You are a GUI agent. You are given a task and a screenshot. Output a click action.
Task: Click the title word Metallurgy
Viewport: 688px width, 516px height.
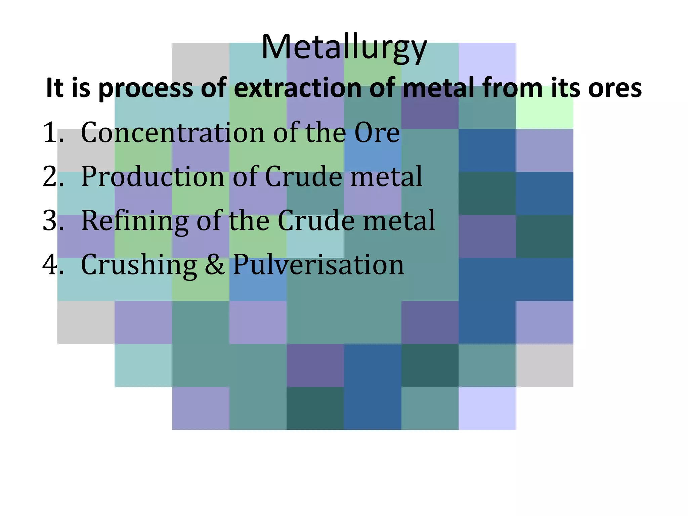pyautogui.click(x=344, y=48)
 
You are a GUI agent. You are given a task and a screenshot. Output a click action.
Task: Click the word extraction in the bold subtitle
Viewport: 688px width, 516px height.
pyautogui.click(x=297, y=88)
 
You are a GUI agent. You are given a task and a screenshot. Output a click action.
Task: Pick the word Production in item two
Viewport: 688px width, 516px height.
pyautogui.click(x=153, y=176)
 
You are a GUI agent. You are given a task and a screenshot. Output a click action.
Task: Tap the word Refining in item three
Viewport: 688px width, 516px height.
pyautogui.click(x=134, y=221)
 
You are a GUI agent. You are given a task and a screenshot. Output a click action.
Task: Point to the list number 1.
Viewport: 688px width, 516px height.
pyautogui.click(x=52, y=132)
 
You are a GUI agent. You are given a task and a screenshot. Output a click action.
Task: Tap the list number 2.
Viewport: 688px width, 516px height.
pyautogui.click(x=52, y=176)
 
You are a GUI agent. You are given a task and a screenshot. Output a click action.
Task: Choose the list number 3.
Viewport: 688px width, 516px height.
pyautogui.click(x=52, y=220)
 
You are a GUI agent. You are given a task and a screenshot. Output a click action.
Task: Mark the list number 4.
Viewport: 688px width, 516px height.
pyautogui.click(x=52, y=264)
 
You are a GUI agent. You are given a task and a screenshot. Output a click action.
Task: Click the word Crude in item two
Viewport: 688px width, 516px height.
pyautogui.click(x=304, y=176)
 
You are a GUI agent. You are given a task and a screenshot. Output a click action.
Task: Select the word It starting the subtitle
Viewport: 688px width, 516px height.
pyautogui.click(x=54, y=88)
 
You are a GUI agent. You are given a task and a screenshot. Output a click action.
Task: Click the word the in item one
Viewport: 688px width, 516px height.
pyautogui.click(x=325, y=132)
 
